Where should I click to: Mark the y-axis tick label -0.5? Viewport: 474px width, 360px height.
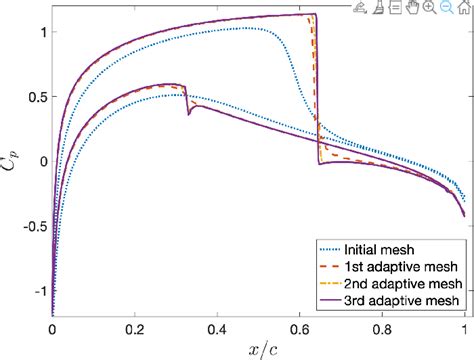point(29,226)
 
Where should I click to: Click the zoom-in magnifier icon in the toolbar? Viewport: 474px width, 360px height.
point(428,8)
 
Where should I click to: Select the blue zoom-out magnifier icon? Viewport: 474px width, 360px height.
point(444,8)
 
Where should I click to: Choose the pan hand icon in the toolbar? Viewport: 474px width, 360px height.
point(412,8)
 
